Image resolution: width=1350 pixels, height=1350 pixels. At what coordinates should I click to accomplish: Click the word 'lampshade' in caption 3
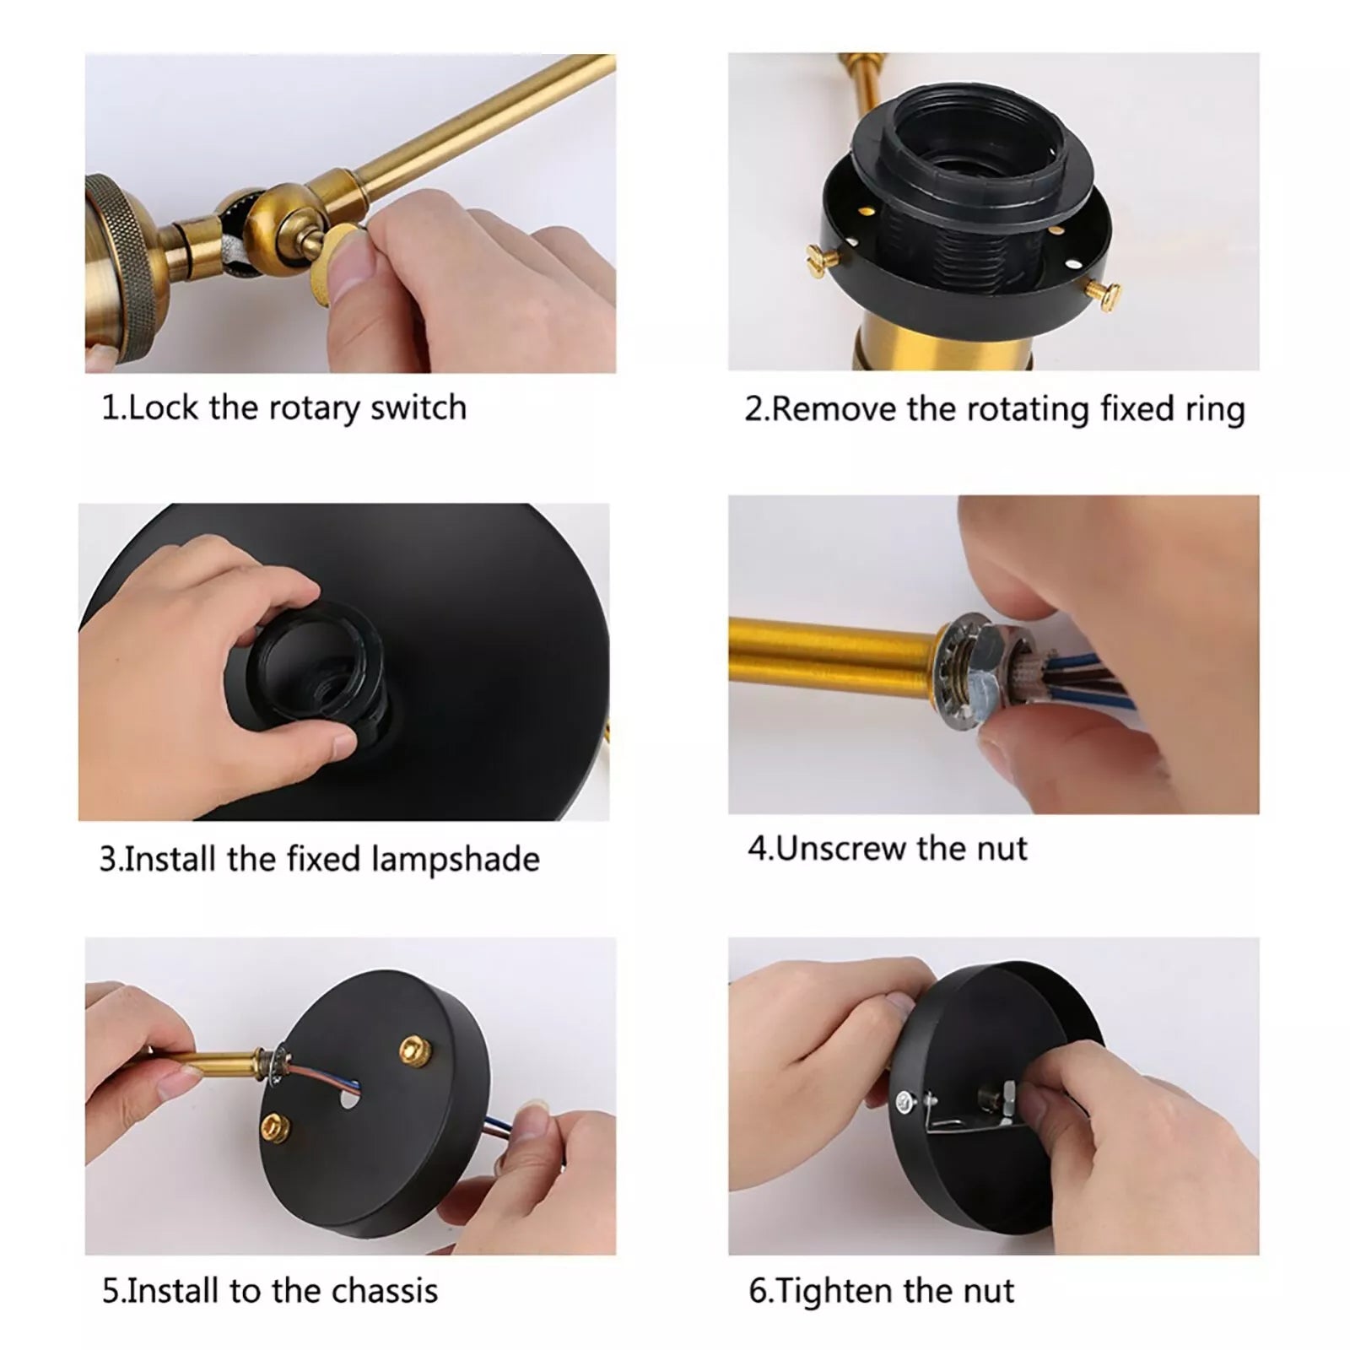[x=456, y=860]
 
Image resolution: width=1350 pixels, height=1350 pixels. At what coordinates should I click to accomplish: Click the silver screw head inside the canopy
[x=905, y=1099]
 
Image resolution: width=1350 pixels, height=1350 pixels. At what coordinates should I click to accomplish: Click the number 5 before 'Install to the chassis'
[x=110, y=1291]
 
